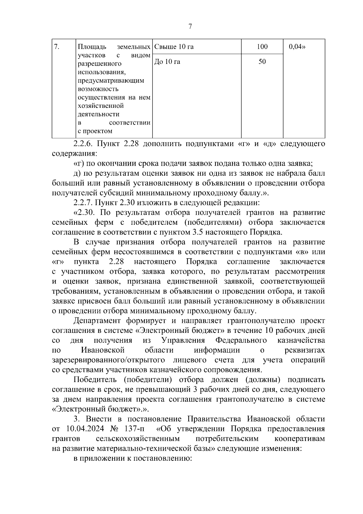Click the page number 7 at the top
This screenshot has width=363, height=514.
point(190,27)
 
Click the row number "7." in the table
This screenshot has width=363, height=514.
point(56,47)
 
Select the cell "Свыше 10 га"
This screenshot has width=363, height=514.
point(174,47)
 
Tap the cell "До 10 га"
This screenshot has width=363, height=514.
point(167,62)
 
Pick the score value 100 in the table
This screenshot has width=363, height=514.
point(262,47)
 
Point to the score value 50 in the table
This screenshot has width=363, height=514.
point(262,62)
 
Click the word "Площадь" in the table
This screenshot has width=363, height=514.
point(92,47)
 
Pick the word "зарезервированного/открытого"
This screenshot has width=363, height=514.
point(109,360)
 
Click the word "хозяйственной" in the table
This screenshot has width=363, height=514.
point(101,106)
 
